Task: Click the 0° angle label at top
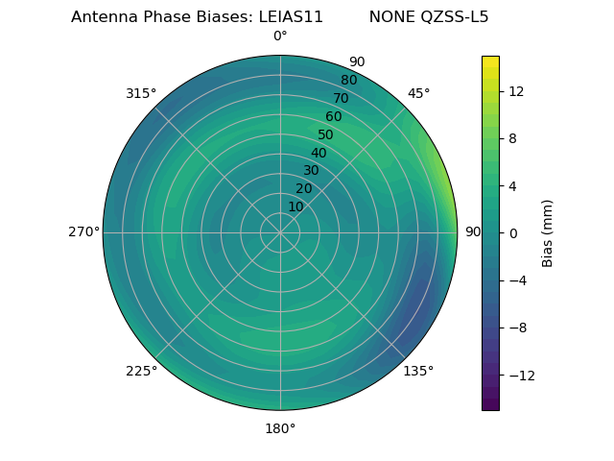coord(280,36)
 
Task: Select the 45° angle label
coord(418,93)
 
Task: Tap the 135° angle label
coord(418,371)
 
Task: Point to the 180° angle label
coord(280,428)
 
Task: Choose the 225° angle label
coord(141,371)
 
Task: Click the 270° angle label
coord(83,232)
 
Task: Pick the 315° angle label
coord(141,93)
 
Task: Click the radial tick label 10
coord(295,206)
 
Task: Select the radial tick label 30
coord(311,171)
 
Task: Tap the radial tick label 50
coord(326,134)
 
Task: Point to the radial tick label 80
coord(348,80)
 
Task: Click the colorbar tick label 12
coord(516,91)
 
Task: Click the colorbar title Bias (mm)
coord(548,233)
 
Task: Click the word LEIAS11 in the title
coord(291,17)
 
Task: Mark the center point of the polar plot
coord(280,232)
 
